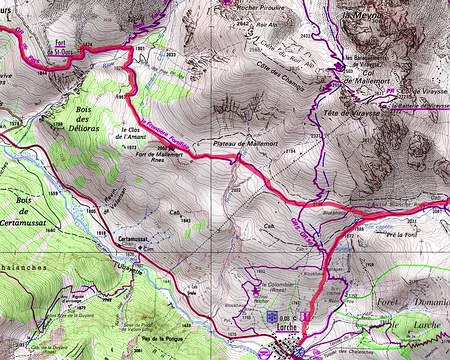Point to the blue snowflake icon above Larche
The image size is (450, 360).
tap(268, 312)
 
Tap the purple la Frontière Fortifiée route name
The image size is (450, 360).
tap(161, 128)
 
